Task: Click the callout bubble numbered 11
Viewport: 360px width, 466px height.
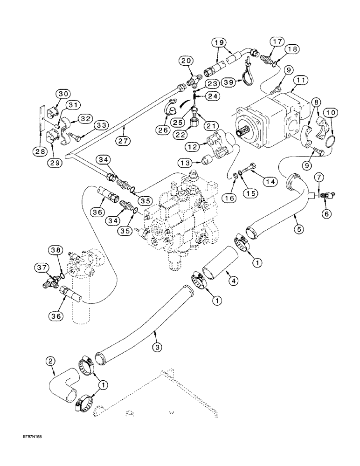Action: point(299,81)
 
